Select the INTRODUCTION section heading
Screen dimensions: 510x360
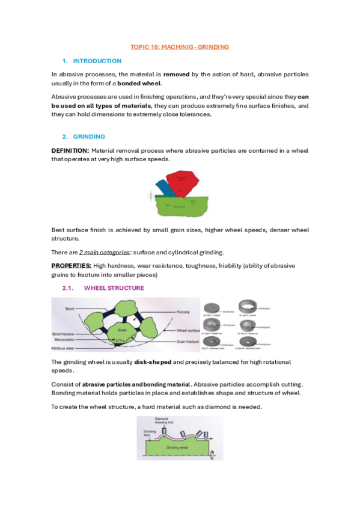97,61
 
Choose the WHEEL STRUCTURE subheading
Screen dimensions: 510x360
114,288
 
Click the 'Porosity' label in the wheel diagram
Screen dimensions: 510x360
184,312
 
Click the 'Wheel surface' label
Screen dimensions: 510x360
187,330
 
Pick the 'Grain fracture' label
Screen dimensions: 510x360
187,341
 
